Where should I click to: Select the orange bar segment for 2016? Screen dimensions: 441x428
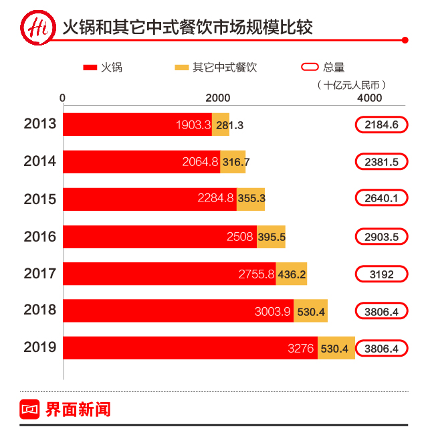(271, 237)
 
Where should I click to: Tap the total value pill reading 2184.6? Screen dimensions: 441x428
(381, 124)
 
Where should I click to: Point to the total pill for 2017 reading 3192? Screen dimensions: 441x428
(381, 274)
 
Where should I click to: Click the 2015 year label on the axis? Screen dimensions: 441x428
(40, 199)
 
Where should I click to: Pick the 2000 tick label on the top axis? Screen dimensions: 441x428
(218, 98)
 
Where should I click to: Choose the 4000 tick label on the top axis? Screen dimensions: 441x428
(370, 98)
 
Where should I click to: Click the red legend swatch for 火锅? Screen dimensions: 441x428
(91, 68)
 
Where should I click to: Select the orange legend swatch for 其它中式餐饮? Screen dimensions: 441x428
(181, 68)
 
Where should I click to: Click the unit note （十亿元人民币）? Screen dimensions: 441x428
(354, 84)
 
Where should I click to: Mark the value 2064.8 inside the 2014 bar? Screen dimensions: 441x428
(200, 162)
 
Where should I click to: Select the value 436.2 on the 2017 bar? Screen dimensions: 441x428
(292, 274)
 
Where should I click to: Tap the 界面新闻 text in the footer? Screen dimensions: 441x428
(78, 410)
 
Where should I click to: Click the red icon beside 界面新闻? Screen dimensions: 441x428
(31, 410)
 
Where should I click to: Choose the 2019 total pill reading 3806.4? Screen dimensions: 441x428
(381, 349)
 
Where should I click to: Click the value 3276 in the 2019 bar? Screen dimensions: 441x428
(301, 349)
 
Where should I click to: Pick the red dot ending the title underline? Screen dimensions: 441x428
(405, 40)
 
